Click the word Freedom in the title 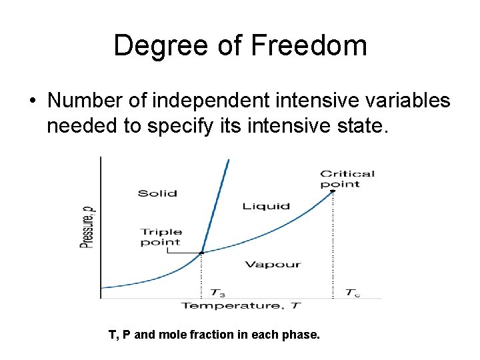tap(311, 46)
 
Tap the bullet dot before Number tap(31, 101)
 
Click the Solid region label tap(157, 193)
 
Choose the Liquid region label tap(266, 206)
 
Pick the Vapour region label tap(273, 264)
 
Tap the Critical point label tap(347, 179)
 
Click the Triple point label tap(161, 237)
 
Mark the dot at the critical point tap(333, 191)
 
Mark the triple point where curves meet tap(201, 253)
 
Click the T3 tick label tap(218, 292)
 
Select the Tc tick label tap(353, 292)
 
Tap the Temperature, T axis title tap(241, 305)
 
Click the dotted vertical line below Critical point tap(333, 247)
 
